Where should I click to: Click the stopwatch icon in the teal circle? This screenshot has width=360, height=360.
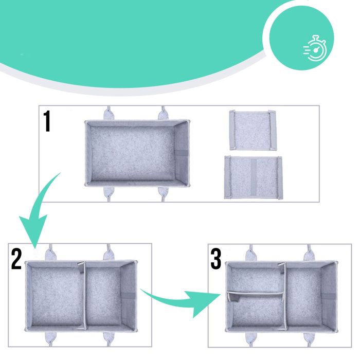click(315, 48)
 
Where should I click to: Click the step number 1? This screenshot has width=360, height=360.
click(47, 121)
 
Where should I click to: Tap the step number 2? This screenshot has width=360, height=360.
click(16, 259)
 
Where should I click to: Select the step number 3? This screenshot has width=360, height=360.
click(216, 259)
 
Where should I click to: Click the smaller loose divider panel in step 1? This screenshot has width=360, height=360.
click(253, 130)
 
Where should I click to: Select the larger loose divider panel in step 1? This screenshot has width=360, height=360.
click(253, 177)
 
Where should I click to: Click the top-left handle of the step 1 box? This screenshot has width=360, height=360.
click(109, 114)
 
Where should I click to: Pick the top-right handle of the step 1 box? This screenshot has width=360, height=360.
click(163, 114)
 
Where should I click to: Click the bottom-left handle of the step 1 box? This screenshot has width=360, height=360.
click(109, 193)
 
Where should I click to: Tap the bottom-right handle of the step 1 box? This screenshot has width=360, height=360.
click(163, 193)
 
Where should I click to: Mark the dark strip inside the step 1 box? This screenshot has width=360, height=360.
click(181, 153)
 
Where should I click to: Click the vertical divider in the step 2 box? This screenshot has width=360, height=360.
click(84, 296)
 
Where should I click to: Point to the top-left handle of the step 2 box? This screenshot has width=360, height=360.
click(50, 253)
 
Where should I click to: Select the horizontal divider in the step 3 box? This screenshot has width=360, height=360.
click(255, 294)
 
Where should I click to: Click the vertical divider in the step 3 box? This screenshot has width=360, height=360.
click(285, 296)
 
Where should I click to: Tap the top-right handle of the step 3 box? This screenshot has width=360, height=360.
click(309, 253)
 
